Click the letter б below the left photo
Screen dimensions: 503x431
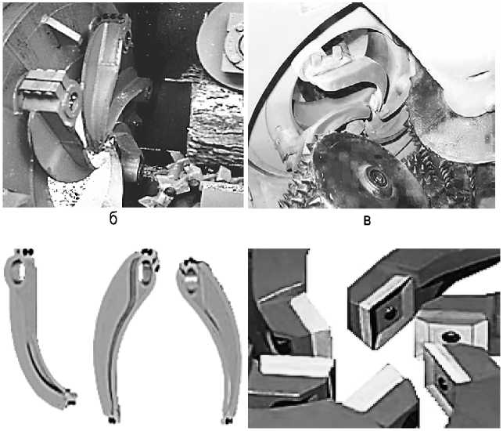(x=113, y=219)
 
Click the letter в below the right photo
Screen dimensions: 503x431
(x=368, y=221)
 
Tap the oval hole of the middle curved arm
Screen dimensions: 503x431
(x=146, y=272)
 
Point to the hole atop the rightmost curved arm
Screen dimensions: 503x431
(x=190, y=279)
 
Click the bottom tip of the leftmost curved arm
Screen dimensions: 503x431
(x=71, y=400)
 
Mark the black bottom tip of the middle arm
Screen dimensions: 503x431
(x=112, y=420)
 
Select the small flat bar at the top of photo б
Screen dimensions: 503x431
(x=61, y=28)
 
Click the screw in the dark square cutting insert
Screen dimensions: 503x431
(x=390, y=313)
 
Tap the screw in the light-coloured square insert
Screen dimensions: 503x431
(x=450, y=337)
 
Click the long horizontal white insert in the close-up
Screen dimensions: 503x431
(x=296, y=365)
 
